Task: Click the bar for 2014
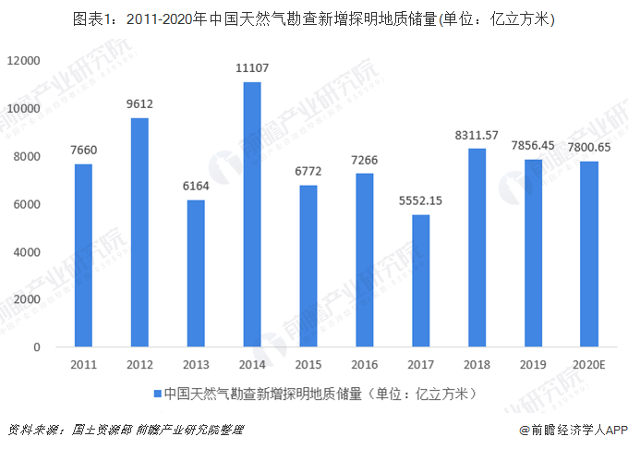click(252, 214)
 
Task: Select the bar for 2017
click(421, 281)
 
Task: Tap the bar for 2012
click(139, 233)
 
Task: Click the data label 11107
click(252, 67)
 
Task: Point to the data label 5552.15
click(421, 200)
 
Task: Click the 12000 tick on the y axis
click(25, 61)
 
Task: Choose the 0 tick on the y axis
click(37, 347)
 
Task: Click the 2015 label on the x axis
click(308, 365)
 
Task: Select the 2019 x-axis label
click(533, 365)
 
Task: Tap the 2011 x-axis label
click(83, 365)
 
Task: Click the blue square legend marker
click(158, 394)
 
